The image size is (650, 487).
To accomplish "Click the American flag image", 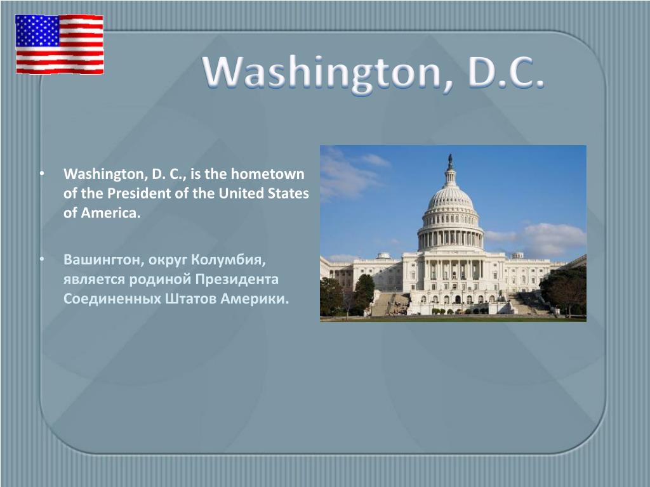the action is (60, 44).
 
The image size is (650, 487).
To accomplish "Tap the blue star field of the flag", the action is (37, 30).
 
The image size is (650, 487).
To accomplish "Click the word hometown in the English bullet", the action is (267, 174).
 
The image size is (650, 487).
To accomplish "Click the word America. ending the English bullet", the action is (110, 212).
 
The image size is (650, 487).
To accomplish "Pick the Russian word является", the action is (94, 280).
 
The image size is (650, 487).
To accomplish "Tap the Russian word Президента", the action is (237, 279).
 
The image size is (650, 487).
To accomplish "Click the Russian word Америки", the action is (255, 299).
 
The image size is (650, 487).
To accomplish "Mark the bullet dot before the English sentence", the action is (41, 174).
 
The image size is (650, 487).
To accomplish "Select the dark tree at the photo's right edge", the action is (564, 290).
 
